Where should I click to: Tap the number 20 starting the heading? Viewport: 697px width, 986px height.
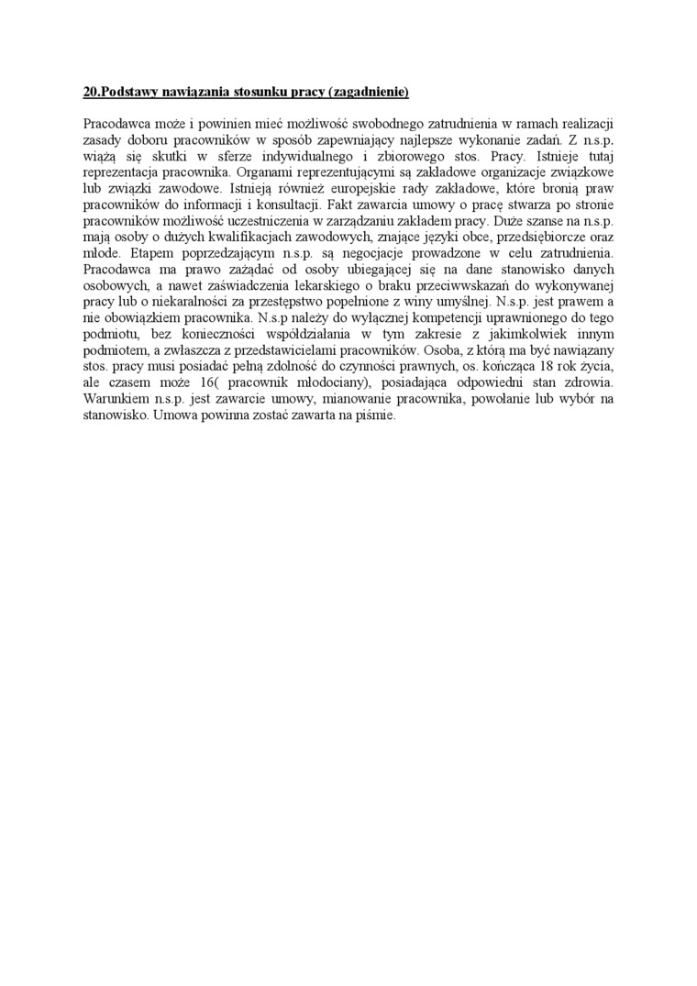[x=89, y=93]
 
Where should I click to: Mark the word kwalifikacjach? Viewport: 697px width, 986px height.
[x=236, y=238]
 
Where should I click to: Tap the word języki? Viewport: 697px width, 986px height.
[x=422, y=238]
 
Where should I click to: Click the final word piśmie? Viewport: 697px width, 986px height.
[x=374, y=419]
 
